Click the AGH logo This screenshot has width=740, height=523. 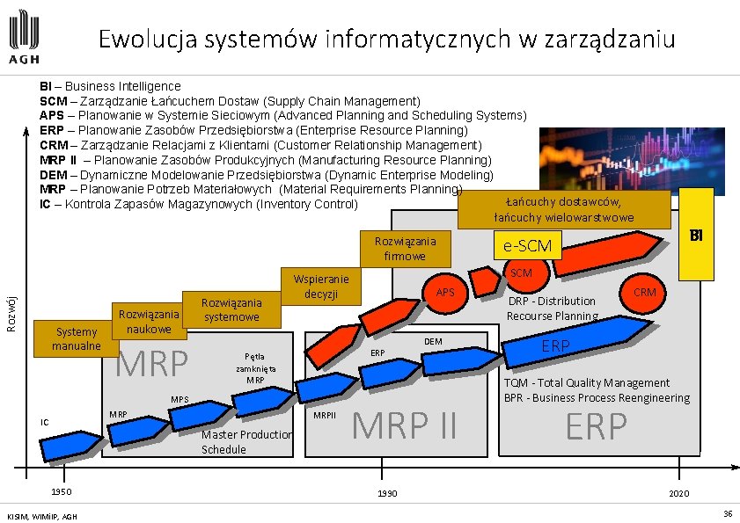coord(24,40)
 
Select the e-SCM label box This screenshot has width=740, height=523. coord(526,246)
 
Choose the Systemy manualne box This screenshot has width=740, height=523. coord(77,338)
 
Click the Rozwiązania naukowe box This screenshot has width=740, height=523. coord(149,321)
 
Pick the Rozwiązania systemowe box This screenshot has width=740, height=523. coord(231,309)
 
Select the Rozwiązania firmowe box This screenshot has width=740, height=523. coord(405,248)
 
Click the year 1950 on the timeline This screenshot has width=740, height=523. coord(60,491)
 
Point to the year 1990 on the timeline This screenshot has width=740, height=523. coord(386,493)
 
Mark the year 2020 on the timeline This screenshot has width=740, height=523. coord(678,493)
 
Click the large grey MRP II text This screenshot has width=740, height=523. coord(405,426)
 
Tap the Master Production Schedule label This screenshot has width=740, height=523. coord(246,442)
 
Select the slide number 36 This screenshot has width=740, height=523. coord(728,513)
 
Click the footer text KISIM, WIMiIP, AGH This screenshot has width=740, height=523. coord(41,515)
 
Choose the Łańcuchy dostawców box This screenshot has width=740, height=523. coord(563,209)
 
